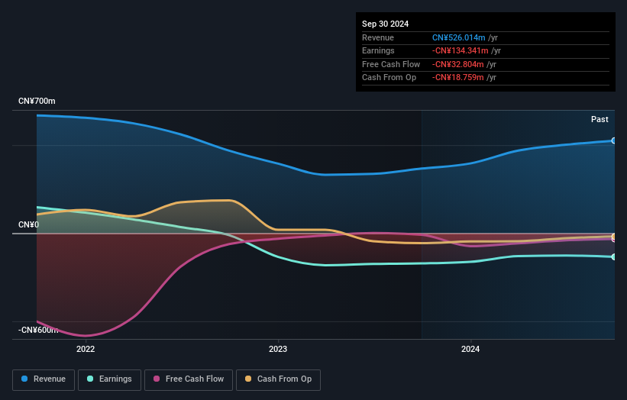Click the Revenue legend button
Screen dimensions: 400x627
point(44,379)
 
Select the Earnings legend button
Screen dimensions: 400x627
point(109,379)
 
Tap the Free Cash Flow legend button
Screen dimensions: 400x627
point(188,379)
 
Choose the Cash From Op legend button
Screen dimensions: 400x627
point(279,379)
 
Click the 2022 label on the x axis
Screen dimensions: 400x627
point(86,350)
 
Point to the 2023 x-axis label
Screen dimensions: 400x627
point(278,350)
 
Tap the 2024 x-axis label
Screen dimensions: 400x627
point(471,350)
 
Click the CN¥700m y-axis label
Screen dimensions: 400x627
point(37,102)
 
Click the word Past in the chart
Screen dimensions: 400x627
point(600,119)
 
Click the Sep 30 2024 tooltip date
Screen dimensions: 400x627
point(386,24)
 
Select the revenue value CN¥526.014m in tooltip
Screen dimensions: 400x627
point(458,37)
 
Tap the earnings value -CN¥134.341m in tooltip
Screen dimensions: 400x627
point(460,51)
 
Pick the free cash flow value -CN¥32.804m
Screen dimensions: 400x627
point(457,64)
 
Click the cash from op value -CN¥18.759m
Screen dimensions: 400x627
point(457,77)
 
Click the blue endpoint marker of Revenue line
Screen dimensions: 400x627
point(613,140)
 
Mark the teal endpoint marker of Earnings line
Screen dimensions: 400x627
point(613,256)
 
